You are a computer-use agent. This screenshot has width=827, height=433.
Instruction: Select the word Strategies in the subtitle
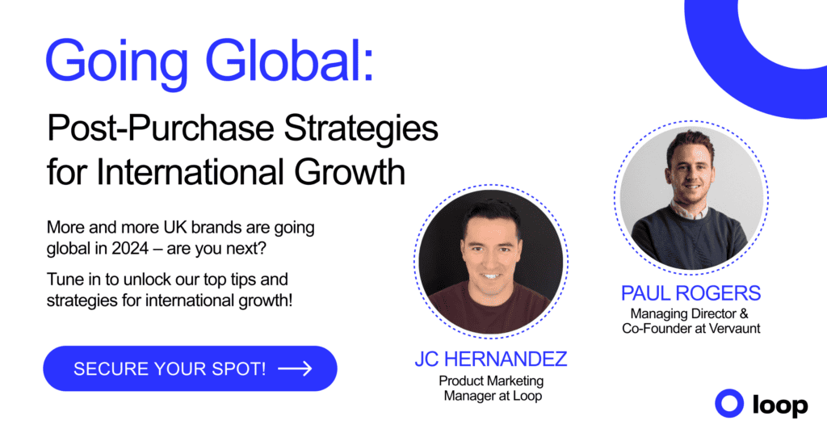(361, 129)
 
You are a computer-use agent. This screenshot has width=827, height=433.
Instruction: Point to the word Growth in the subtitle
(350, 172)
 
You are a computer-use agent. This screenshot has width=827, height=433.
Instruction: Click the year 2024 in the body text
(130, 248)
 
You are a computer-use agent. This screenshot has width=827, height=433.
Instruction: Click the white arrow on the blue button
(295, 368)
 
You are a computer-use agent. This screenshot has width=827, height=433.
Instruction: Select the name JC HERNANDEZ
(490, 359)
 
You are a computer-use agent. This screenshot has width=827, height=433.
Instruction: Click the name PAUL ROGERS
(691, 293)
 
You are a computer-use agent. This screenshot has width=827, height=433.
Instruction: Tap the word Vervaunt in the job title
(735, 329)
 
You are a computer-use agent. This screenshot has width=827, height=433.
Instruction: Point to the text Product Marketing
(491, 380)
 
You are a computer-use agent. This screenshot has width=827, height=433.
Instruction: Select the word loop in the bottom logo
(780, 406)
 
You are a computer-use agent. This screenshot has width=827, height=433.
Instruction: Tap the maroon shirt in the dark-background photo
(490, 311)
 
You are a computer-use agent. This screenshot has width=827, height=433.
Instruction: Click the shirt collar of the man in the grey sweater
(689, 211)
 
